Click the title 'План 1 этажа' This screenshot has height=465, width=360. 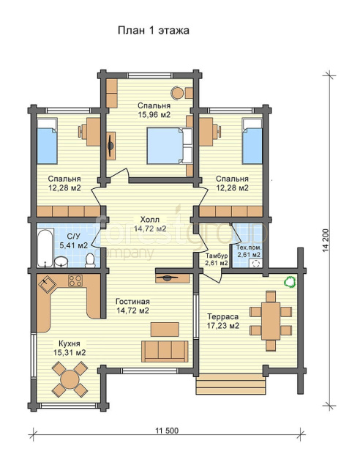(x=154, y=30)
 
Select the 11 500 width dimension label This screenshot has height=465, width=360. (x=167, y=431)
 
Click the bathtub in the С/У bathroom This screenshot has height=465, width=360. (x=45, y=248)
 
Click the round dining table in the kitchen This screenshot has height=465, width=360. (x=70, y=379)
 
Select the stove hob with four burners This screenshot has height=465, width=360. (x=75, y=280)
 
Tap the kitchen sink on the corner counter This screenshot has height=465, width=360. (x=47, y=284)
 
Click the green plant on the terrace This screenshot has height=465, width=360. (x=290, y=281)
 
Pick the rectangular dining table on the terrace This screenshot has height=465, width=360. (x=271, y=321)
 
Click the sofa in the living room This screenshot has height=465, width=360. (x=165, y=351)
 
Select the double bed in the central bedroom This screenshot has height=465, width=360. (x=170, y=146)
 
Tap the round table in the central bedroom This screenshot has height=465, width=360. (x=178, y=92)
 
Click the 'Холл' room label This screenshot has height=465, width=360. (x=149, y=220)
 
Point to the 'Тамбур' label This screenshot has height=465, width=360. (x=217, y=256)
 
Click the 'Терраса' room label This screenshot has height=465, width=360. (x=223, y=316)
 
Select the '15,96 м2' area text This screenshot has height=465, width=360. (x=154, y=114)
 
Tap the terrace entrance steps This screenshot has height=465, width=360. (x=230, y=384)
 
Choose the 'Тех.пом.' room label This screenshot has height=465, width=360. (x=249, y=248)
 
